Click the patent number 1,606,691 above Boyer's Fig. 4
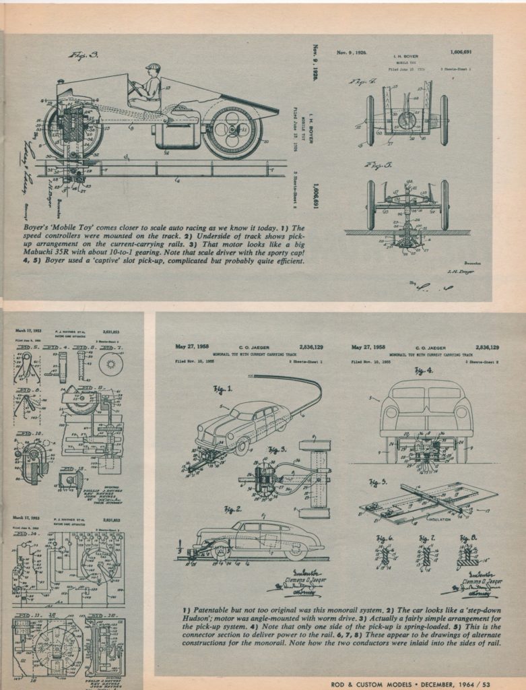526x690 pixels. click(x=460, y=51)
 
